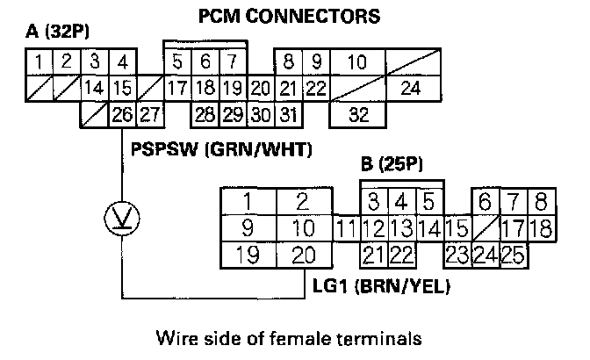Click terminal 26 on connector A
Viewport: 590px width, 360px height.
point(122,113)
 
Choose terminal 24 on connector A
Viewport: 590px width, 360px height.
point(409,88)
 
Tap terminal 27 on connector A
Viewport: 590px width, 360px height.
point(150,113)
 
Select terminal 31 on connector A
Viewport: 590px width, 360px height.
point(291,113)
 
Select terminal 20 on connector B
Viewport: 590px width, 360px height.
point(303,256)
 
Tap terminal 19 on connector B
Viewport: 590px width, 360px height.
point(248,256)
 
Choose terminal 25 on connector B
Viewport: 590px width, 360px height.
point(513,256)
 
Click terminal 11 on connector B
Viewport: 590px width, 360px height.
point(347,230)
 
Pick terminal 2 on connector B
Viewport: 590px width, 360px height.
point(303,201)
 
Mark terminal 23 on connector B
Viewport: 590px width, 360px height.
point(456,256)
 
